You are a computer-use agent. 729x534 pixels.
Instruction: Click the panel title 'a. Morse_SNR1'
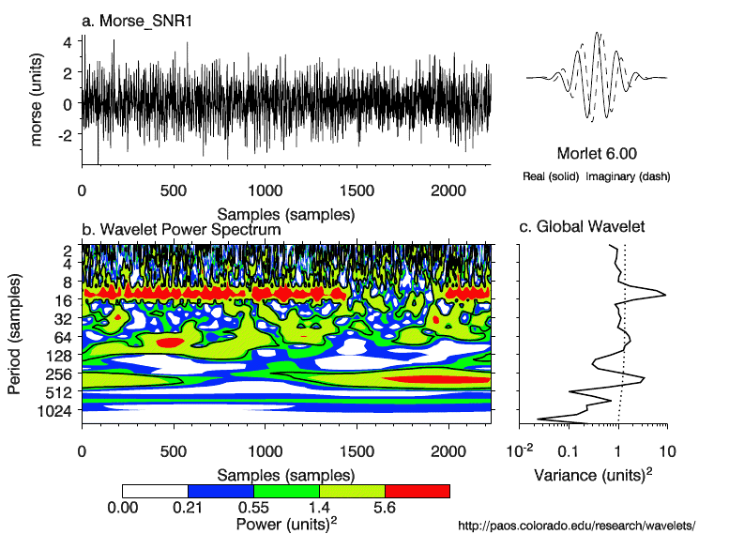[x=137, y=21]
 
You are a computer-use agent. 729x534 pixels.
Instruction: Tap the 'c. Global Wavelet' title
[x=582, y=227]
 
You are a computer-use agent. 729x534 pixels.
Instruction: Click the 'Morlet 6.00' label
[x=598, y=154]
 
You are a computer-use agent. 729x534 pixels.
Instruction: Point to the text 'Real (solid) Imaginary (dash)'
[x=598, y=175]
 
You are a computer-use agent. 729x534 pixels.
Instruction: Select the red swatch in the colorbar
[x=418, y=491]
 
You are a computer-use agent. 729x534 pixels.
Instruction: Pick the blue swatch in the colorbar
[x=220, y=491]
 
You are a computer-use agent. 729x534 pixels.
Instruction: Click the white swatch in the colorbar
[x=155, y=491]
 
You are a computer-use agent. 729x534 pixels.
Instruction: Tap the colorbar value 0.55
[x=253, y=508]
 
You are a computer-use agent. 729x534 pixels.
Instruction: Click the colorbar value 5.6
[x=385, y=508]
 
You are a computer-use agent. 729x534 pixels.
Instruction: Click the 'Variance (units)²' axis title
[x=593, y=475]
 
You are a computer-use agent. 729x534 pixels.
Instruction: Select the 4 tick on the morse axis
[x=68, y=42]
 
